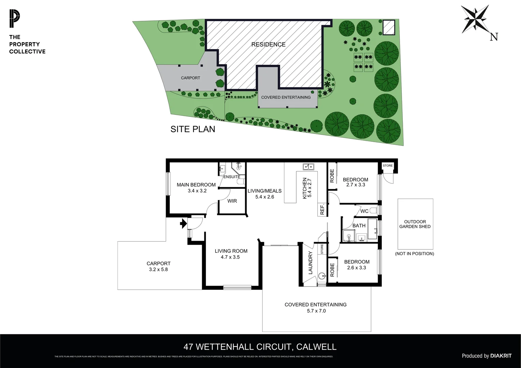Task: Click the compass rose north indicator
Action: tap(475, 19)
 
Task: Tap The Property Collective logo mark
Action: tap(15, 19)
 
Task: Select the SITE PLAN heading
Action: tap(193, 129)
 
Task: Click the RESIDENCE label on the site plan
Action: tap(268, 45)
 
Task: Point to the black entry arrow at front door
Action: tap(183, 224)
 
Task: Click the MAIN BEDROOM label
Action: tap(196, 185)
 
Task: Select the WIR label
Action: tap(232, 201)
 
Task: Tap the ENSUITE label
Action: tap(232, 177)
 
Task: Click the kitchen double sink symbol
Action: tap(309, 167)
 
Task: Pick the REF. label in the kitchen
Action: tap(322, 209)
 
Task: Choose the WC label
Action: tap(364, 211)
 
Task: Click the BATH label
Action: tap(359, 226)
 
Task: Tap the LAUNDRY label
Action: tap(310, 263)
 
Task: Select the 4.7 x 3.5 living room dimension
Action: tap(230, 257)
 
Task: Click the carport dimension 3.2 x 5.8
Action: tap(158, 270)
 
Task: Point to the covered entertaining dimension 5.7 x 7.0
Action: tap(316, 311)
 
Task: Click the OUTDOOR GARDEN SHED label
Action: tap(415, 224)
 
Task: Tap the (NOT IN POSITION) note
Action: tap(415, 254)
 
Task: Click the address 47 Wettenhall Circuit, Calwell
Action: tap(260, 347)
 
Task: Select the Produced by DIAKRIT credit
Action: tap(487, 356)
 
